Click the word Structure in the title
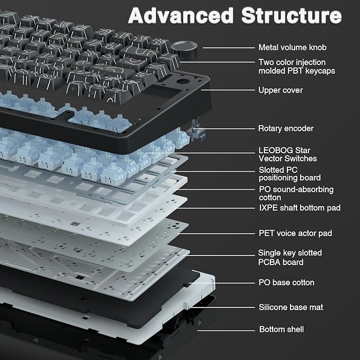(x=291, y=15)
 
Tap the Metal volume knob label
(x=292, y=48)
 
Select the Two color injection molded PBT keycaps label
(x=296, y=66)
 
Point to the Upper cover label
(x=280, y=90)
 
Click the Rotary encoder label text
(x=286, y=128)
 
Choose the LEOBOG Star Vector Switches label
(x=287, y=154)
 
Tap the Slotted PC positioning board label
(x=289, y=174)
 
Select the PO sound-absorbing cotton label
(x=295, y=193)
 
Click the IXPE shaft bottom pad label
(x=299, y=208)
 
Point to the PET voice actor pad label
(x=295, y=233)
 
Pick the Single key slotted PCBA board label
(x=290, y=258)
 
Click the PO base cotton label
(x=286, y=283)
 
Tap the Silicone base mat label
(x=291, y=307)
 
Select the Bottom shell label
(x=281, y=329)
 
